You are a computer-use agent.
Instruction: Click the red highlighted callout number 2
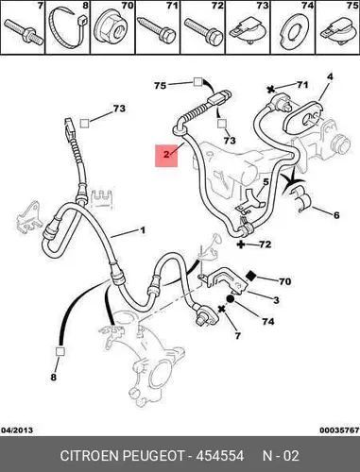point(166,155)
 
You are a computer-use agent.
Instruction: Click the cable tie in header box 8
point(67,27)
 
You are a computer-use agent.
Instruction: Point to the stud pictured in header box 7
point(24,30)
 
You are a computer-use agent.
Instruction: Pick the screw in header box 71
point(157,30)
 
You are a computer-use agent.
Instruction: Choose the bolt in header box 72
point(203,32)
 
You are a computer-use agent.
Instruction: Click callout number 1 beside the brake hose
point(143,230)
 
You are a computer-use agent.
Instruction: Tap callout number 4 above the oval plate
point(330,76)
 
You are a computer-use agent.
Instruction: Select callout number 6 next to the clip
point(336,215)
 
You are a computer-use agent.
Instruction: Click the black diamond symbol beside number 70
point(251,276)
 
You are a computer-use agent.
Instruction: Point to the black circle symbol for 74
point(230,298)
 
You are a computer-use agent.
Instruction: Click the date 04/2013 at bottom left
point(17,430)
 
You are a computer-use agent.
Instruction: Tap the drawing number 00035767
point(339,430)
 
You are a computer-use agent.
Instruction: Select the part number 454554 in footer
point(220,456)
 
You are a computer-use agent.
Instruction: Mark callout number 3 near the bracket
point(276,300)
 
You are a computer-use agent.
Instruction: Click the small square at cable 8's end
point(60,351)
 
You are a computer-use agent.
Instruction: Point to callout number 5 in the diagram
point(266,182)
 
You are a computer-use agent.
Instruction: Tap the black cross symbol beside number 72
point(241,244)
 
